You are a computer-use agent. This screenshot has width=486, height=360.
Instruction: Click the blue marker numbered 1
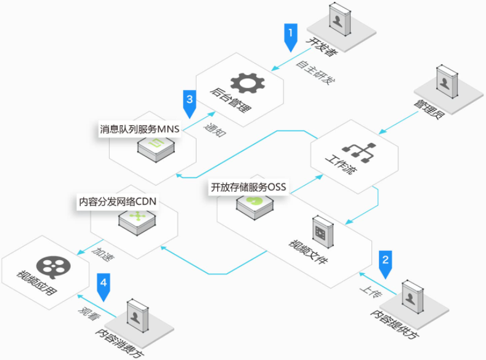tap(291, 36)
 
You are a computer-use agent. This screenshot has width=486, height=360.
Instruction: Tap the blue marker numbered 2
tap(385, 264)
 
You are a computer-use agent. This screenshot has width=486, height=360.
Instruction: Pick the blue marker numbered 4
tap(103, 287)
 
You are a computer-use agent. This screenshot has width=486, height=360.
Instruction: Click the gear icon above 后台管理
tap(248, 83)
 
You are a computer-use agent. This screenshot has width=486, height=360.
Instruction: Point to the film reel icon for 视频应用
tap(54, 267)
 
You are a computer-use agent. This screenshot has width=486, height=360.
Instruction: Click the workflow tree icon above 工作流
tap(359, 152)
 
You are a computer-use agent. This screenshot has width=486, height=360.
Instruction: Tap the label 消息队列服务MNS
tap(139, 129)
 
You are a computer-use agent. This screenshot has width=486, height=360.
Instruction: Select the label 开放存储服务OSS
tap(248, 187)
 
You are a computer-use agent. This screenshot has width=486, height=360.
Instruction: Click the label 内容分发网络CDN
tap(118, 202)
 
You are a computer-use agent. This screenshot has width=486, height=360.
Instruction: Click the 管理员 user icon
tap(447, 81)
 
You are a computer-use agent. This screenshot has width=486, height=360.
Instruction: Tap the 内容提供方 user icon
tap(413, 297)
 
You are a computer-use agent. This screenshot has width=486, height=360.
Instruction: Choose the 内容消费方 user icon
tap(138, 316)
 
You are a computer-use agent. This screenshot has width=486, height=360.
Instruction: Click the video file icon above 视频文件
tap(323, 232)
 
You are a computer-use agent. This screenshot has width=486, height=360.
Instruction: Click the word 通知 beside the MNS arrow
tap(215, 129)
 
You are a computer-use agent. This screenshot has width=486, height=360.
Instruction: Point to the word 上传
tap(371, 292)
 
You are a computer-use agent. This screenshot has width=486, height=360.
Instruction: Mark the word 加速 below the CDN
tap(103, 254)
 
